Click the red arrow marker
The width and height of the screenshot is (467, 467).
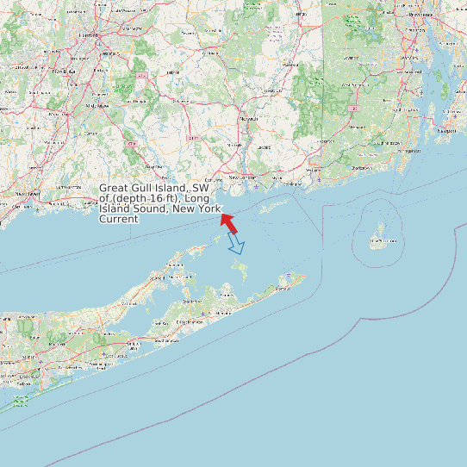(228, 221)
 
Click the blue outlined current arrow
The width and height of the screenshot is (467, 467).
(236, 245)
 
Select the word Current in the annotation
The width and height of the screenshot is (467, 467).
(119, 220)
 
